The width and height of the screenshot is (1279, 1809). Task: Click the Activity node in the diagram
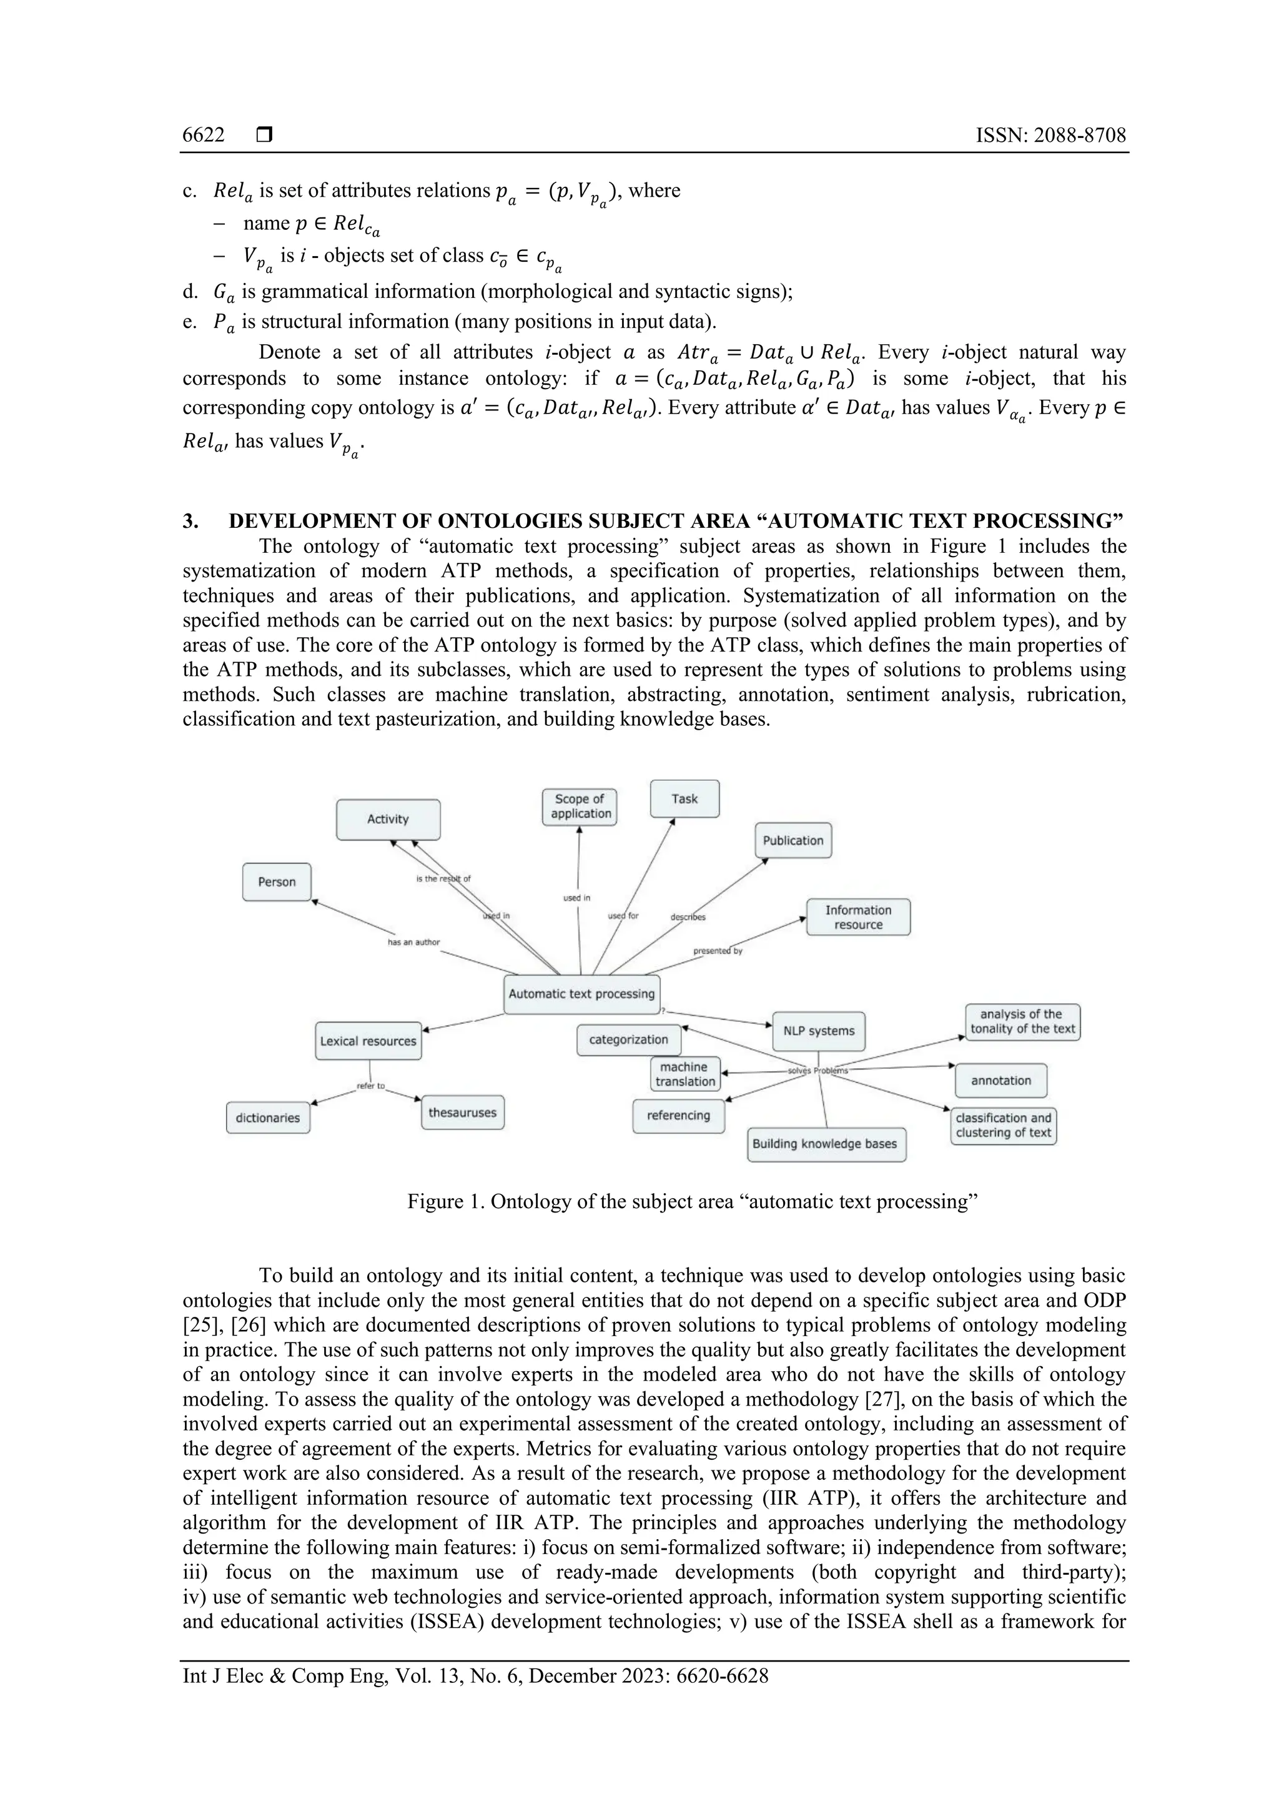[388, 820]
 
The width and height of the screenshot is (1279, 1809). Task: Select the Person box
[277, 881]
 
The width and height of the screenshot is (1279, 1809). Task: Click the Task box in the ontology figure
[684, 799]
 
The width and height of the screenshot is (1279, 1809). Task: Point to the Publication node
[793, 841]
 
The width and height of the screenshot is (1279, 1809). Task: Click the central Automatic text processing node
[581, 994]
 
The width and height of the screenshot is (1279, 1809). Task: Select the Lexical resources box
[368, 1041]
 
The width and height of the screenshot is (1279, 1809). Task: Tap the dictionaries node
[268, 1118]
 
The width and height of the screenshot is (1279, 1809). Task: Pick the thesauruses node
[462, 1113]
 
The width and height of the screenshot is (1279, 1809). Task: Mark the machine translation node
[685, 1074]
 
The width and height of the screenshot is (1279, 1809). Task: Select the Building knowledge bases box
[826, 1144]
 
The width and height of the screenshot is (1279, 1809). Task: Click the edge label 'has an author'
[413, 943]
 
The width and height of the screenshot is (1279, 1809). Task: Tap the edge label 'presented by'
[718, 951]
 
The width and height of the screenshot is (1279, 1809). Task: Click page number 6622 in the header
[203, 136]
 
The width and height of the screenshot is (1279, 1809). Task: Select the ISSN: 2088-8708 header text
[1050, 136]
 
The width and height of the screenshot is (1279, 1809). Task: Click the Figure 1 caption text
[692, 1202]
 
